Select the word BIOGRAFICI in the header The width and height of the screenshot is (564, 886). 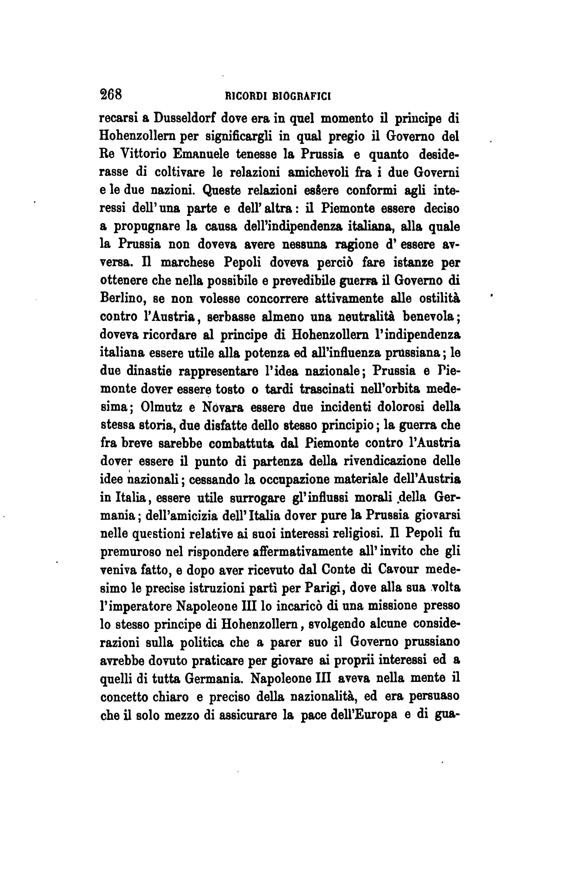click(x=302, y=96)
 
